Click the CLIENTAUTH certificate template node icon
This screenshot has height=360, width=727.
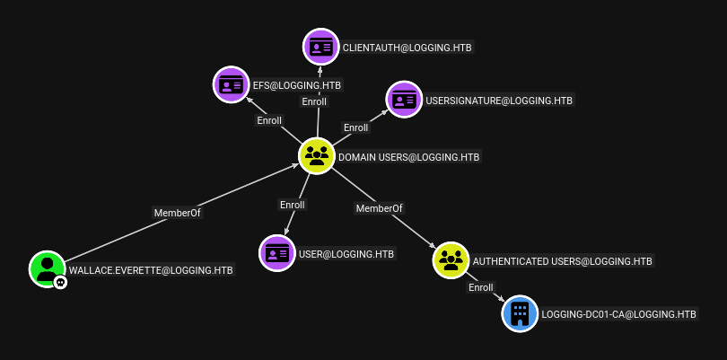click(320, 47)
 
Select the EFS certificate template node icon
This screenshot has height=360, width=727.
click(231, 84)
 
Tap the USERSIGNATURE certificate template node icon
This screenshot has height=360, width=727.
click(404, 100)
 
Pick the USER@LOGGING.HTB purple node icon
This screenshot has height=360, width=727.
click(277, 253)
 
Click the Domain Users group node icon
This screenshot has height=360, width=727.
click(317, 156)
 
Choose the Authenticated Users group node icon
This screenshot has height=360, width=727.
click(451, 260)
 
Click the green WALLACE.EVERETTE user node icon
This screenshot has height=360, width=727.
click(47, 268)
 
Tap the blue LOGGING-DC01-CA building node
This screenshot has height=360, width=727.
click(520, 313)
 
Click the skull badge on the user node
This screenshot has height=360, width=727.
click(60, 282)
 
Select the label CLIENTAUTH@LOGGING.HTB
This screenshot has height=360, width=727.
click(407, 48)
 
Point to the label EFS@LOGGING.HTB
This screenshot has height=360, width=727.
click(297, 85)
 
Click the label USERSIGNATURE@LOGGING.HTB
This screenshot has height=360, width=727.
click(499, 101)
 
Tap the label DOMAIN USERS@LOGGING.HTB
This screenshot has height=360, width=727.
click(409, 157)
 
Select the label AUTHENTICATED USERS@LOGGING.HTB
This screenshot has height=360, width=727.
click(563, 261)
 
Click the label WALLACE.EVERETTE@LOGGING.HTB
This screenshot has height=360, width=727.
click(151, 269)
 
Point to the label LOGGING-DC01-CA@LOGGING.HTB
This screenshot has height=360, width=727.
click(619, 314)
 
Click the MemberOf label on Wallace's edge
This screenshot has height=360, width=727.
click(178, 213)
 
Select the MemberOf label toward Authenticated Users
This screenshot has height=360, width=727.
click(380, 208)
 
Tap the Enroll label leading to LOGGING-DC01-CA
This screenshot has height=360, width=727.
click(481, 287)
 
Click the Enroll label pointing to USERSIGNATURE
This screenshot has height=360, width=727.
click(355, 127)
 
